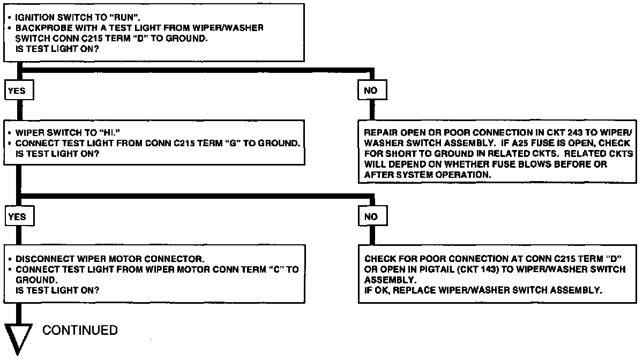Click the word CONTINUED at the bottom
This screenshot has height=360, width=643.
[80, 330]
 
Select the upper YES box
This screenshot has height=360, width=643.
[17, 91]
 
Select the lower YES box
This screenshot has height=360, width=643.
[17, 216]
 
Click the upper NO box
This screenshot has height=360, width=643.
[370, 91]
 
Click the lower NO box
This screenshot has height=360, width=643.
[370, 216]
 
